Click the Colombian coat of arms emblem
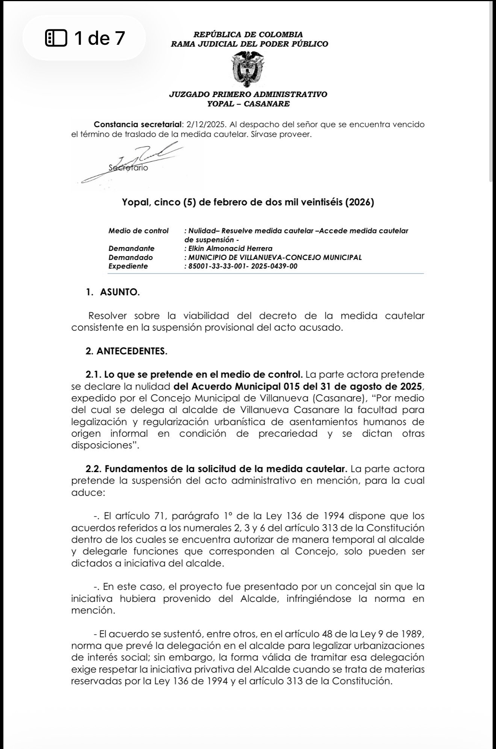248,68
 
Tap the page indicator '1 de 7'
99,38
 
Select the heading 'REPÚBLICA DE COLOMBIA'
248,35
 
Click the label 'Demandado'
130,257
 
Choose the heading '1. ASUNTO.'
113,293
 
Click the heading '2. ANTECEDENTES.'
126,351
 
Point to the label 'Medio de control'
138,231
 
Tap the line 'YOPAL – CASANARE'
248,104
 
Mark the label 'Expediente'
128,266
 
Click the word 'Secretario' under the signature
129,168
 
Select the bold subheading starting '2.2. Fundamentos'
216,469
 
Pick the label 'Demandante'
131,248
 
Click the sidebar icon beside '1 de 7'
56,38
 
